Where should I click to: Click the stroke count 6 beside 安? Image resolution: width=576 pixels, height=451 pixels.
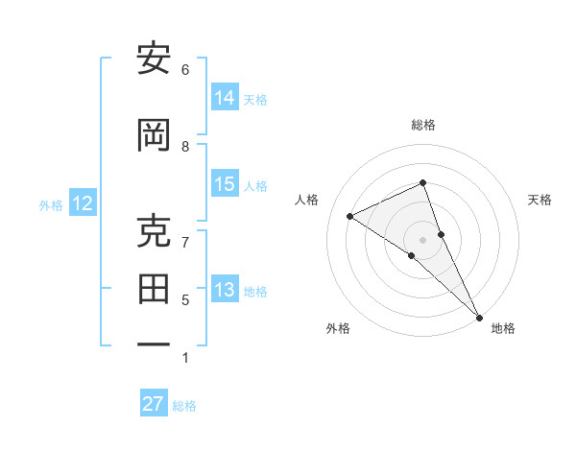pos(185,70)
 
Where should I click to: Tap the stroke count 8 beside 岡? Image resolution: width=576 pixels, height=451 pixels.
pos(185,146)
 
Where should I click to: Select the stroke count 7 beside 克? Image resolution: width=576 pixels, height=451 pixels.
pos(185,242)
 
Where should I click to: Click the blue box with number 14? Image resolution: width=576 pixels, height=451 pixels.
pos(225,98)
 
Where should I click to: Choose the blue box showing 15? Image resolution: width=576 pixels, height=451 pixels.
pos(225,184)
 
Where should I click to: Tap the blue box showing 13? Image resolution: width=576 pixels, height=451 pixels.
pos(225,290)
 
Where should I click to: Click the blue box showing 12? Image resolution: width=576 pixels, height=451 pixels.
pos(83,203)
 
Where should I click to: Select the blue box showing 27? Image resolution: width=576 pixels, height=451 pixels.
pos(153,404)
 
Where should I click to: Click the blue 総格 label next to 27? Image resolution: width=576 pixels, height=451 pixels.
pos(184,406)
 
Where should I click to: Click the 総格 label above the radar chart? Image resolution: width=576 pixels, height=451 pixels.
pos(422,125)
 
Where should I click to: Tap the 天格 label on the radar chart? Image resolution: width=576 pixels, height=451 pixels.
pos(540,200)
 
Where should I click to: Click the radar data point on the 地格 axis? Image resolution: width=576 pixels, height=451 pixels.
pos(479,317)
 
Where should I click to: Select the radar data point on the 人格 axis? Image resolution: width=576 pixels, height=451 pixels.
pos(350,216)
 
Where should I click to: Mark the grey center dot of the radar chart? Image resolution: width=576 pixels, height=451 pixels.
pos(422,239)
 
